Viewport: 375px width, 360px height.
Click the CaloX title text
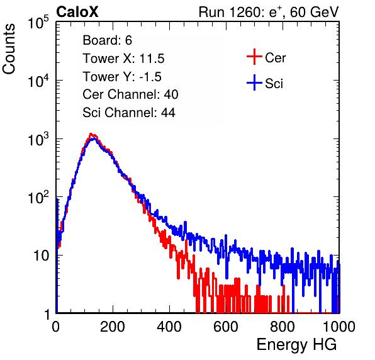point(77,12)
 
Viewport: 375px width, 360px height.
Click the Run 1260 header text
point(269,12)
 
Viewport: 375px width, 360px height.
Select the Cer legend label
point(275,58)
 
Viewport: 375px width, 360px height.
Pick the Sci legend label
point(274,84)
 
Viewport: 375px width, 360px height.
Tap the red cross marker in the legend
point(254,57)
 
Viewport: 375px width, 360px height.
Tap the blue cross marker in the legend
point(254,82)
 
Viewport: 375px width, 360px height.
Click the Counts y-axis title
point(9,49)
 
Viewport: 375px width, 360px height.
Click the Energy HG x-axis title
point(296,345)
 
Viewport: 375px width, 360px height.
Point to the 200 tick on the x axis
point(113,327)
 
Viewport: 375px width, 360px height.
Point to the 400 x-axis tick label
point(169,327)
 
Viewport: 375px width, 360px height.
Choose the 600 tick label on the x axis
point(226,327)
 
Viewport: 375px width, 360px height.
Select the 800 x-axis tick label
point(283,327)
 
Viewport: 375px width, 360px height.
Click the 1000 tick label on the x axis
point(339,327)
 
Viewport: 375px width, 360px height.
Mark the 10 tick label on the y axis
point(42,256)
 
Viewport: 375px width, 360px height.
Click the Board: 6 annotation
point(107,40)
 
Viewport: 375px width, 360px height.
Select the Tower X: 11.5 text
point(123,59)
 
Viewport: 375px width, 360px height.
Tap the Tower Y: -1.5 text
point(122,77)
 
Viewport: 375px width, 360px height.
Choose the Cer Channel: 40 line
point(130,94)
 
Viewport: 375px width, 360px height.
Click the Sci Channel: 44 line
point(129,113)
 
